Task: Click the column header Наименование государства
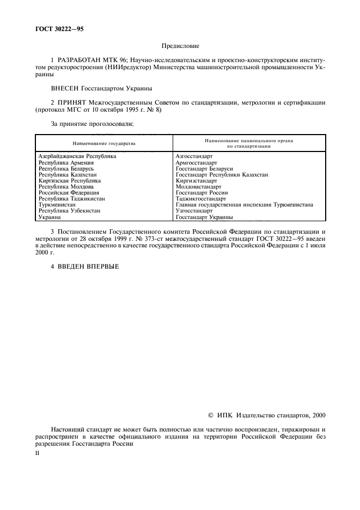pyautogui.click(x=103, y=143)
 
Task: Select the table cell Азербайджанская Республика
pyautogui.click(x=77, y=156)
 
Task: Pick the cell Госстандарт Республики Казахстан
pyautogui.click(x=222, y=174)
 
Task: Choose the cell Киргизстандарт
pyautogui.click(x=196, y=180)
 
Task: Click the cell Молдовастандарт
pyautogui.click(x=199, y=187)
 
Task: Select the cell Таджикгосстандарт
pyautogui.click(x=201, y=199)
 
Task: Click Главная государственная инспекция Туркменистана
pyautogui.click(x=244, y=205)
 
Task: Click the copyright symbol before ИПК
pyautogui.click(x=212, y=415)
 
